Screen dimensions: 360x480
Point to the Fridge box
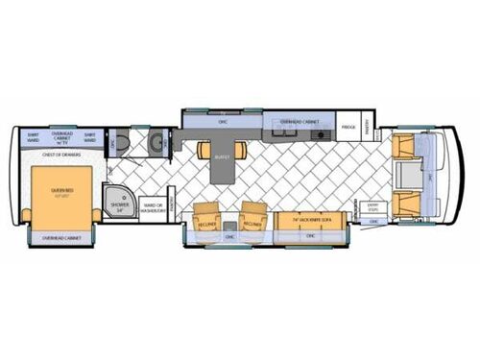350,127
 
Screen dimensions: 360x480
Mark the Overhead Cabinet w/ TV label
62,136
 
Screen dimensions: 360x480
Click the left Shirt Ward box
32,136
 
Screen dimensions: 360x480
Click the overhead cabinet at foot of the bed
60,236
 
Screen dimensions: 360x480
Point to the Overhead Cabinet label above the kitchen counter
298,123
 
